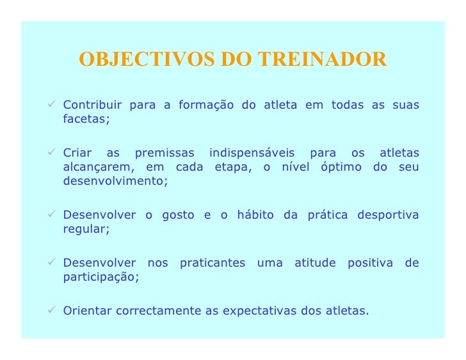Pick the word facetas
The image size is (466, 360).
click(x=86, y=120)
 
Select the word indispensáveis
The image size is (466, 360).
click(x=252, y=153)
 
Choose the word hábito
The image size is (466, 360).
click(x=256, y=215)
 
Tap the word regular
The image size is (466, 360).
click(x=86, y=230)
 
